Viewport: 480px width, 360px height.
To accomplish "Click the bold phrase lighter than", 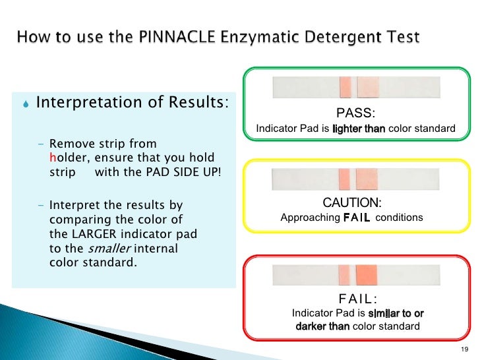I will tap(359, 129).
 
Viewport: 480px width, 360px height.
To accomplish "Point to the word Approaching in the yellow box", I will tap(310, 218).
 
